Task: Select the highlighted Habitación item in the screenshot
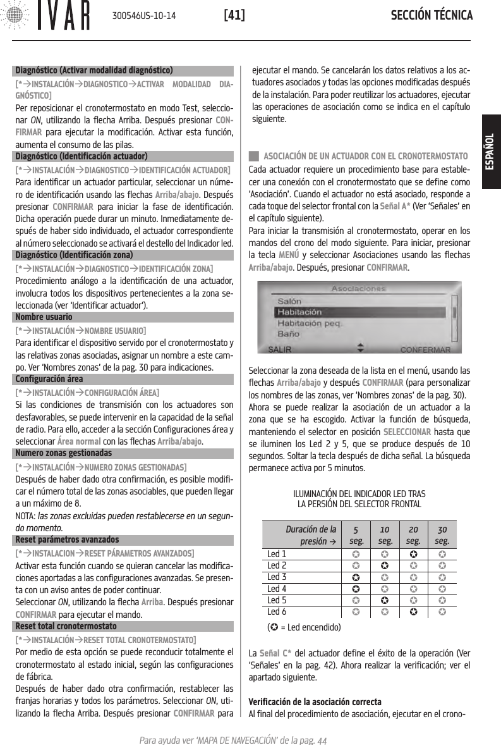pyautogui.click(x=300, y=312)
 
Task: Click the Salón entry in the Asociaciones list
pyautogui.click(x=290, y=301)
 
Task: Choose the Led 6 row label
pyautogui.click(x=277, y=612)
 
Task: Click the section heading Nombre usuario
pyautogui.click(x=43, y=316)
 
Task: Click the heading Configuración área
pyautogui.click(x=48, y=379)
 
